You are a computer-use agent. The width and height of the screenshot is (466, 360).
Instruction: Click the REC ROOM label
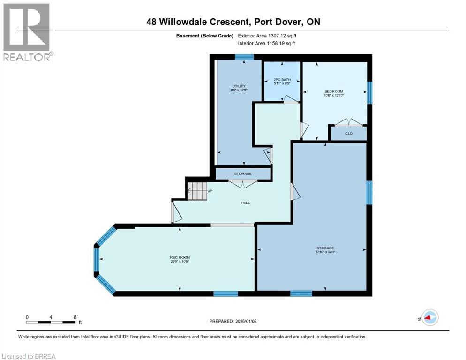[180, 257]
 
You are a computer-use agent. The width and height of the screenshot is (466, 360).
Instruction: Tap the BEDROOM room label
[334, 91]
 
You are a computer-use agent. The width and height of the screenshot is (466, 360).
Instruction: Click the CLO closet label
[348, 134]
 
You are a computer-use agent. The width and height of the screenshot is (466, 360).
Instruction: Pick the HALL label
[245, 202]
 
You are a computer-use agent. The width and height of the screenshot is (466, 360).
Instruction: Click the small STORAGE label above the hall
[243, 173]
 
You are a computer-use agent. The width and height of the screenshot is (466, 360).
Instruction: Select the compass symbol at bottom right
[429, 317]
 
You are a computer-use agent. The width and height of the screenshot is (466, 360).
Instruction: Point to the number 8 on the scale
[75, 317]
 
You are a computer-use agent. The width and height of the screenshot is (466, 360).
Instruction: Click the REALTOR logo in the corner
[27, 32]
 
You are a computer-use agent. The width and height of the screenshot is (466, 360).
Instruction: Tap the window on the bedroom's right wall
[369, 92]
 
